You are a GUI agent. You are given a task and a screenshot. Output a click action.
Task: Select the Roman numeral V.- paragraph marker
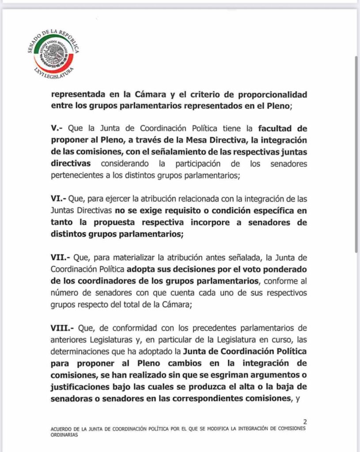pos(56,129)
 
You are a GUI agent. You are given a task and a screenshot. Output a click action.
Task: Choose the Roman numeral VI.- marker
pos(57,199)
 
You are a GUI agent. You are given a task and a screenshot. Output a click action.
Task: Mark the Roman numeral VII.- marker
pos(59,257)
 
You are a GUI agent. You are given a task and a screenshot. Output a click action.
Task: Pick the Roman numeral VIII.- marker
pos(61,328)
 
